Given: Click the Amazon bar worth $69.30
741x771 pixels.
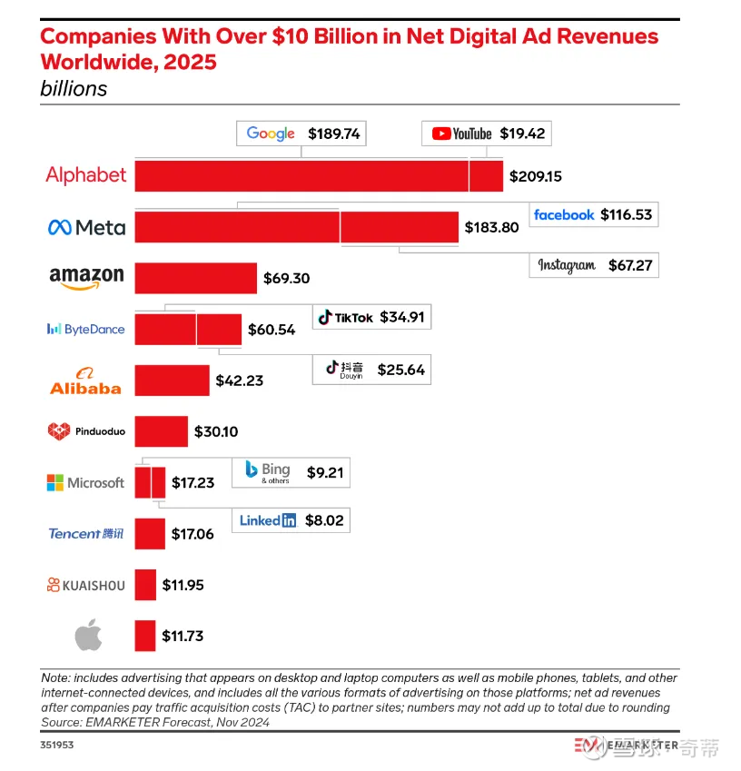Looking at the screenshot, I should (x=195, y=278).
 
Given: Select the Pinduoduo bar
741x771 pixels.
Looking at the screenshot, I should (x=162, y=431).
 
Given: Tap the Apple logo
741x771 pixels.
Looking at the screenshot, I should (x=88, y=636).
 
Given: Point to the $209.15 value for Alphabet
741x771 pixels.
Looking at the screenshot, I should (x=536, y=176).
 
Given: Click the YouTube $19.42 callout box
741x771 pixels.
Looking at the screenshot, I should (x=487, y=133).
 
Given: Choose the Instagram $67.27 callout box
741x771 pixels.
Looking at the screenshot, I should (x=594, y=265).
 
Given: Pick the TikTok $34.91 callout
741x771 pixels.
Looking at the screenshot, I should (x=371, y=317).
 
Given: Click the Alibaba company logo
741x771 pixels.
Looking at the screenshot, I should (x=85, y=381).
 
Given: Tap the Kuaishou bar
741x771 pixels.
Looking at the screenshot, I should (x=145, y=585).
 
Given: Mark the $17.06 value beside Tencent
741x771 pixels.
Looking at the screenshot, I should (x=193, y=534).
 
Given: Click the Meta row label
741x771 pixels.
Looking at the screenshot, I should (x=86, y=227).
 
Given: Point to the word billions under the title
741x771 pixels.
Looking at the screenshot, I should (x=74, y=89).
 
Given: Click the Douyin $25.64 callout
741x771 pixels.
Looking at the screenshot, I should (x=371, y=370).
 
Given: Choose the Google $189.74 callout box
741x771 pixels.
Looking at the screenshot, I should (x=301, y=133).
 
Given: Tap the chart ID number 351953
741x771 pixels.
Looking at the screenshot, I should (x=58, y=745).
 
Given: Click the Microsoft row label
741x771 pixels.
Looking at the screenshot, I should (x=85, y=482).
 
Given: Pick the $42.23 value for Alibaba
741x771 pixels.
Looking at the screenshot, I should (x=240, y=381).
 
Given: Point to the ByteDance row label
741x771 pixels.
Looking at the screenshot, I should (x=85, y=329).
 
